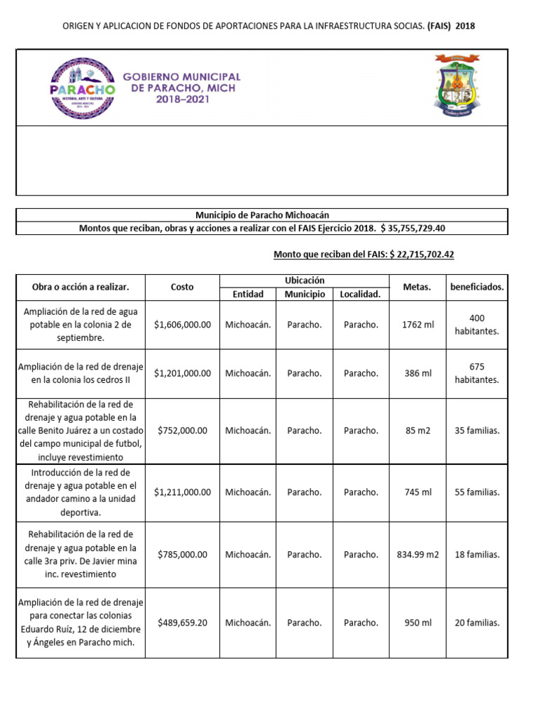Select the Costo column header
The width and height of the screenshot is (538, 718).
click(182, 287)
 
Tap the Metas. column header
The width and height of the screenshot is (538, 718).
click(418, 287)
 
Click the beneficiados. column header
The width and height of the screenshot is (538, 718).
click(477, 287)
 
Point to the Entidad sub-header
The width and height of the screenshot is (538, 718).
click(248, 294)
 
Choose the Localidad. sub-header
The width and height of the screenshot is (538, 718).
click(360, 294)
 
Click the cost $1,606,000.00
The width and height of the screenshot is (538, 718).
click(182, 325)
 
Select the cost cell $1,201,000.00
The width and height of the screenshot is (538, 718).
click(182, 373)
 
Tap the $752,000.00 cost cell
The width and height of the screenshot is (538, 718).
click(182, 431)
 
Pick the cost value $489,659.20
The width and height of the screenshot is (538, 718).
click(182, 622)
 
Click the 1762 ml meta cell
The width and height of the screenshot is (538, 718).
click(418, 325)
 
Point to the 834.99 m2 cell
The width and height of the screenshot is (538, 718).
click(418, 554)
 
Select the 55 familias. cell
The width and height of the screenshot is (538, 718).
click(477, 492)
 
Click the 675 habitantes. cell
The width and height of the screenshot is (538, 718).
click(477, 373)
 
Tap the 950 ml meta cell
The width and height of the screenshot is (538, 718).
click(418, 622)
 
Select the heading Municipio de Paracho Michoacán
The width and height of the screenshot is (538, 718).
click(261, 215)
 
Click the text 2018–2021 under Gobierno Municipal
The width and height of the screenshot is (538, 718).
click(182, 100)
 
